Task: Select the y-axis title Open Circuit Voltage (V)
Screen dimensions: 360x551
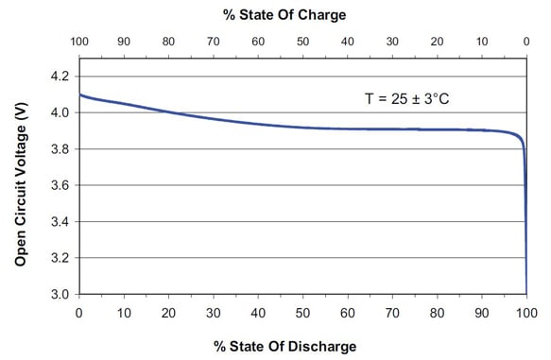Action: point(19,184)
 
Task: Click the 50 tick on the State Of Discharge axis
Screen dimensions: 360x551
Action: point(302,313)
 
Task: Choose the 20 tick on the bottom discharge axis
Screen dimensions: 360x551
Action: point(168,313)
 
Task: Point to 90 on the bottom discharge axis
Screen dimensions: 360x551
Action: point(482,313)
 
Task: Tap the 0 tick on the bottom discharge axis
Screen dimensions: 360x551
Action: point(78,313)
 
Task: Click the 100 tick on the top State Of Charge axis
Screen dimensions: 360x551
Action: point(78,43)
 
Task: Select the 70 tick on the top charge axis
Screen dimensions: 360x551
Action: point(213,43)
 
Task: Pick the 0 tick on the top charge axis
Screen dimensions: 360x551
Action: point(526,43)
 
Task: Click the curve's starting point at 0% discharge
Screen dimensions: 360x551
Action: point(79,94)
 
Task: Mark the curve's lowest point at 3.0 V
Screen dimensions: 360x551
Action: point(526,293)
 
